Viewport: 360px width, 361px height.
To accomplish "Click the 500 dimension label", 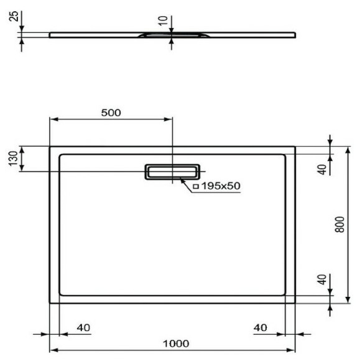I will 111,113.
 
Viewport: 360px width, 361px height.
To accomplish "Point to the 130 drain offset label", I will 12,159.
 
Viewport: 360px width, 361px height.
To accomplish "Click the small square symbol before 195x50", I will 195,186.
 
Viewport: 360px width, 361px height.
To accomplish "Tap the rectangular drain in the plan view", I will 173,171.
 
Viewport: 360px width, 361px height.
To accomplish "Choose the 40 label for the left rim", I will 83,328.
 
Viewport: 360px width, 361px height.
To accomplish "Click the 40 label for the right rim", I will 261,328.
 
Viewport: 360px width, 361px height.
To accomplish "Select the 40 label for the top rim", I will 321,169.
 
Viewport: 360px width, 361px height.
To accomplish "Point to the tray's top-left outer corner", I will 50,147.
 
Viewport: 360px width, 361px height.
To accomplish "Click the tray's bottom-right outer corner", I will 295,302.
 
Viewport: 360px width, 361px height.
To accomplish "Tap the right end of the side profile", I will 295,34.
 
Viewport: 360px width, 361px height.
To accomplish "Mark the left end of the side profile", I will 50,34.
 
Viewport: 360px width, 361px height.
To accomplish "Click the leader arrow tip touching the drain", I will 180,179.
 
